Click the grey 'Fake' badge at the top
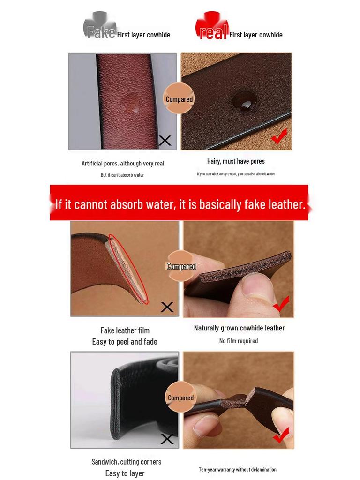[100, 28]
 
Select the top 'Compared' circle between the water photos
[179, 99]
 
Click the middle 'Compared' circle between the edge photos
[181, 266]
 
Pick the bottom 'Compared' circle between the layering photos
[180, 397]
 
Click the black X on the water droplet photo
[165, 140]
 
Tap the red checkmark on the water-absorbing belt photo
[279, 137]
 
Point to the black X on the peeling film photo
[167, 307]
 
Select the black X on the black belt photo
[167, 439]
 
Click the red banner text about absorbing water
[180, 204]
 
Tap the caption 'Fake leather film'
[125, 330]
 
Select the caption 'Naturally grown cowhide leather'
[239, 328]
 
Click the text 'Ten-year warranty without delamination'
[238, 469]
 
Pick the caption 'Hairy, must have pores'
[236, 161]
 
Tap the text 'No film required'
[238, 341]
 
